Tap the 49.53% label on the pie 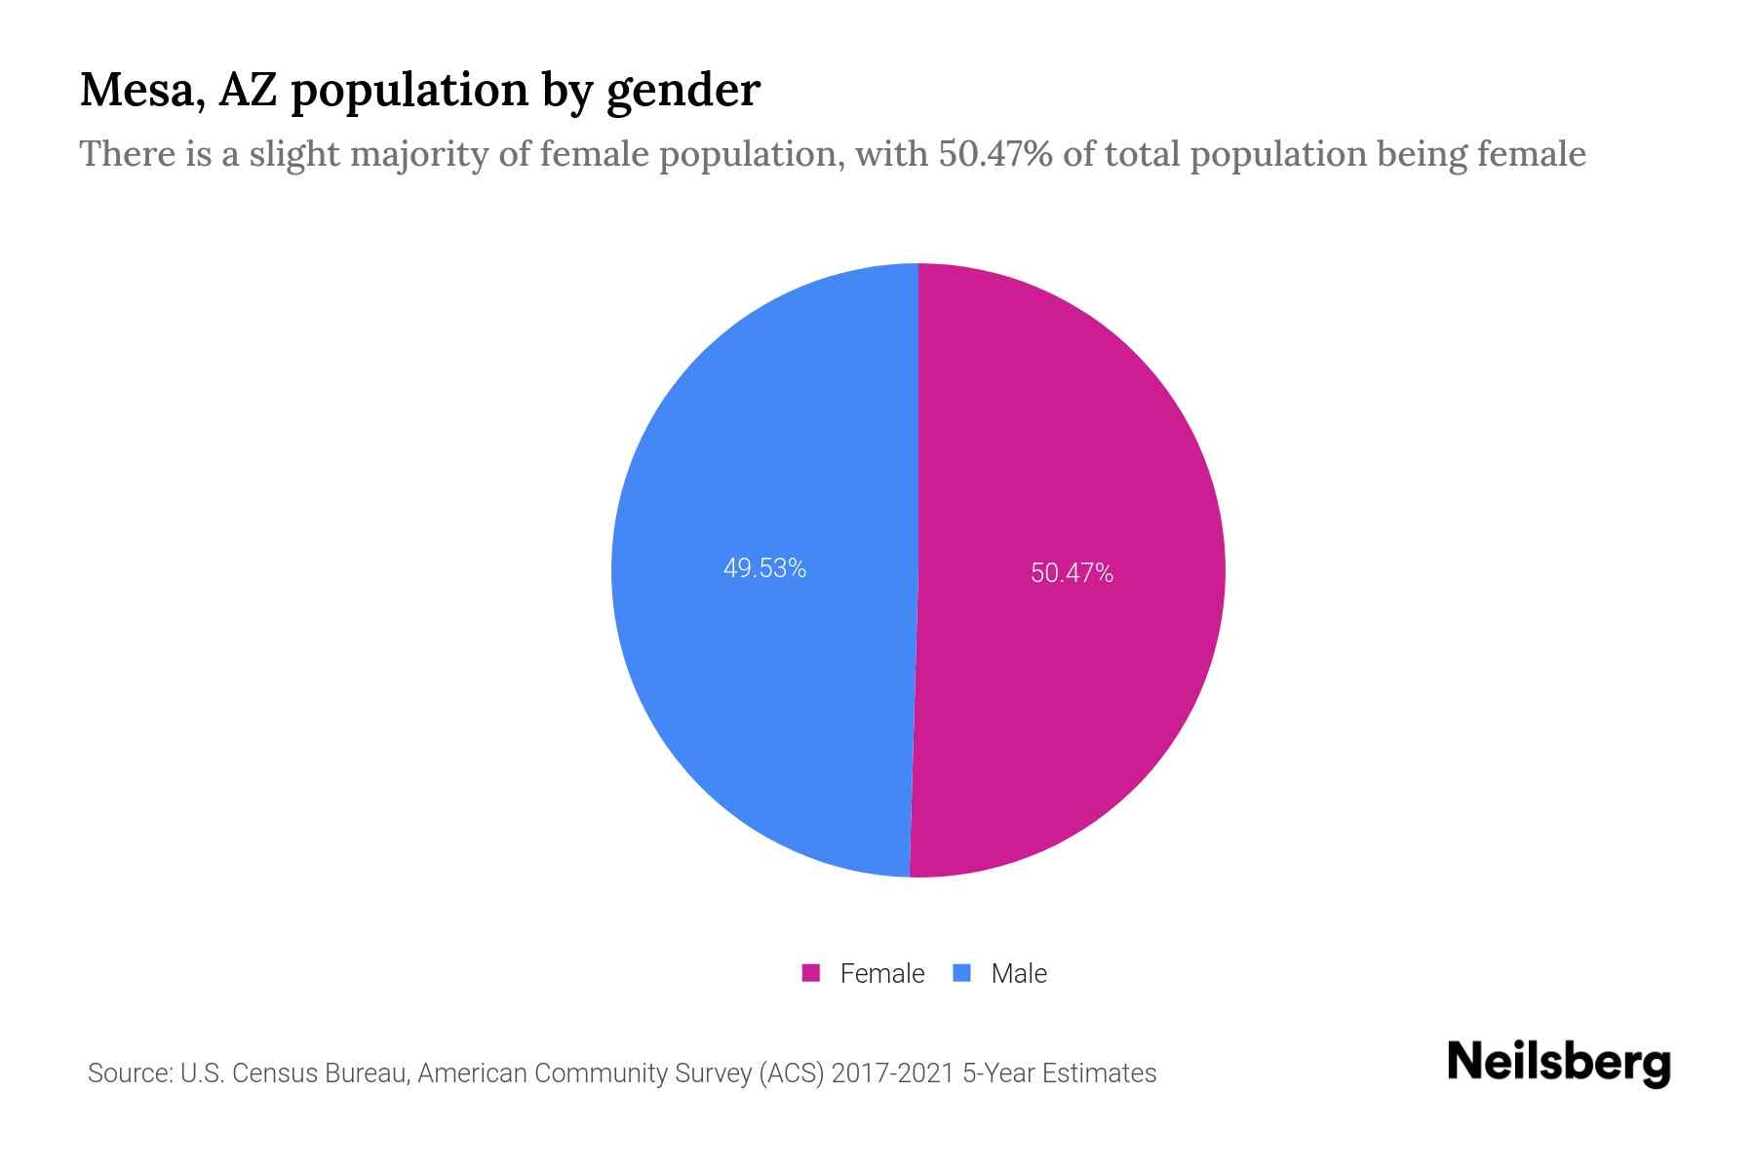764,568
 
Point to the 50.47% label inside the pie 1072,573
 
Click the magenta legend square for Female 811,973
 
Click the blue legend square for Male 962,973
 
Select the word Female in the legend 881,973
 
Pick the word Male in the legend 1018,973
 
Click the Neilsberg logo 1558,1063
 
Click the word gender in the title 682,92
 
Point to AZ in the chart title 248,90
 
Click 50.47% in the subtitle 994,154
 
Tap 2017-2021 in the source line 892,1073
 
